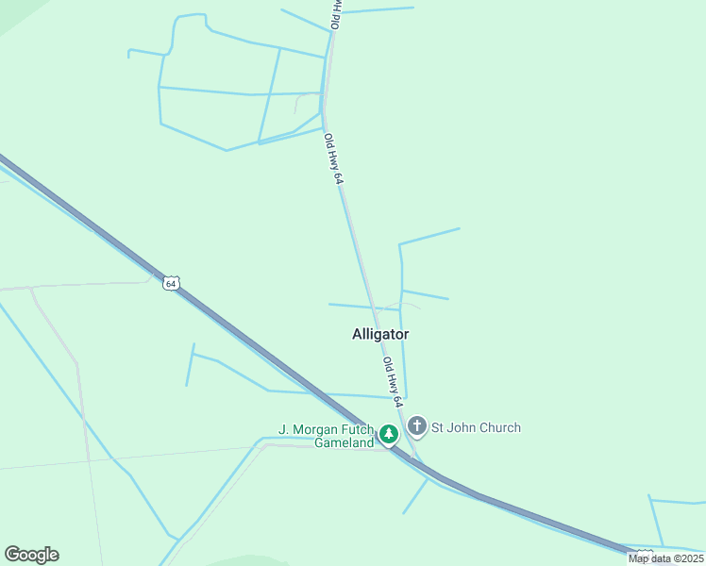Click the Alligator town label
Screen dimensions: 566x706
(380, 334)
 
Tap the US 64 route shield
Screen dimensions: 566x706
(170, 283)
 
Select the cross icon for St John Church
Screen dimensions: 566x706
(417, 426)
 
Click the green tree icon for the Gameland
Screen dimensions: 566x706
(389, 434)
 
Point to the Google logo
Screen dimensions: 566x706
(31, 555)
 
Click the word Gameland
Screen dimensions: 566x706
(345, 443)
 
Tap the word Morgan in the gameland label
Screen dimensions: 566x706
(315, 429)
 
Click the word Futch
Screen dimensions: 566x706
(357, 429)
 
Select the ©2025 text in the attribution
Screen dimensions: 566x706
(684, 558)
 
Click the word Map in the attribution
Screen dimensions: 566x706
(639, 558)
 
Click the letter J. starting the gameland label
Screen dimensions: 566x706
(282, 429)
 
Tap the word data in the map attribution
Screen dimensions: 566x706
(660, 558)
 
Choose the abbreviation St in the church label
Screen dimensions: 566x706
(438, 427)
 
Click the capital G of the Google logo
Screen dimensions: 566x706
(12, 555)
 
